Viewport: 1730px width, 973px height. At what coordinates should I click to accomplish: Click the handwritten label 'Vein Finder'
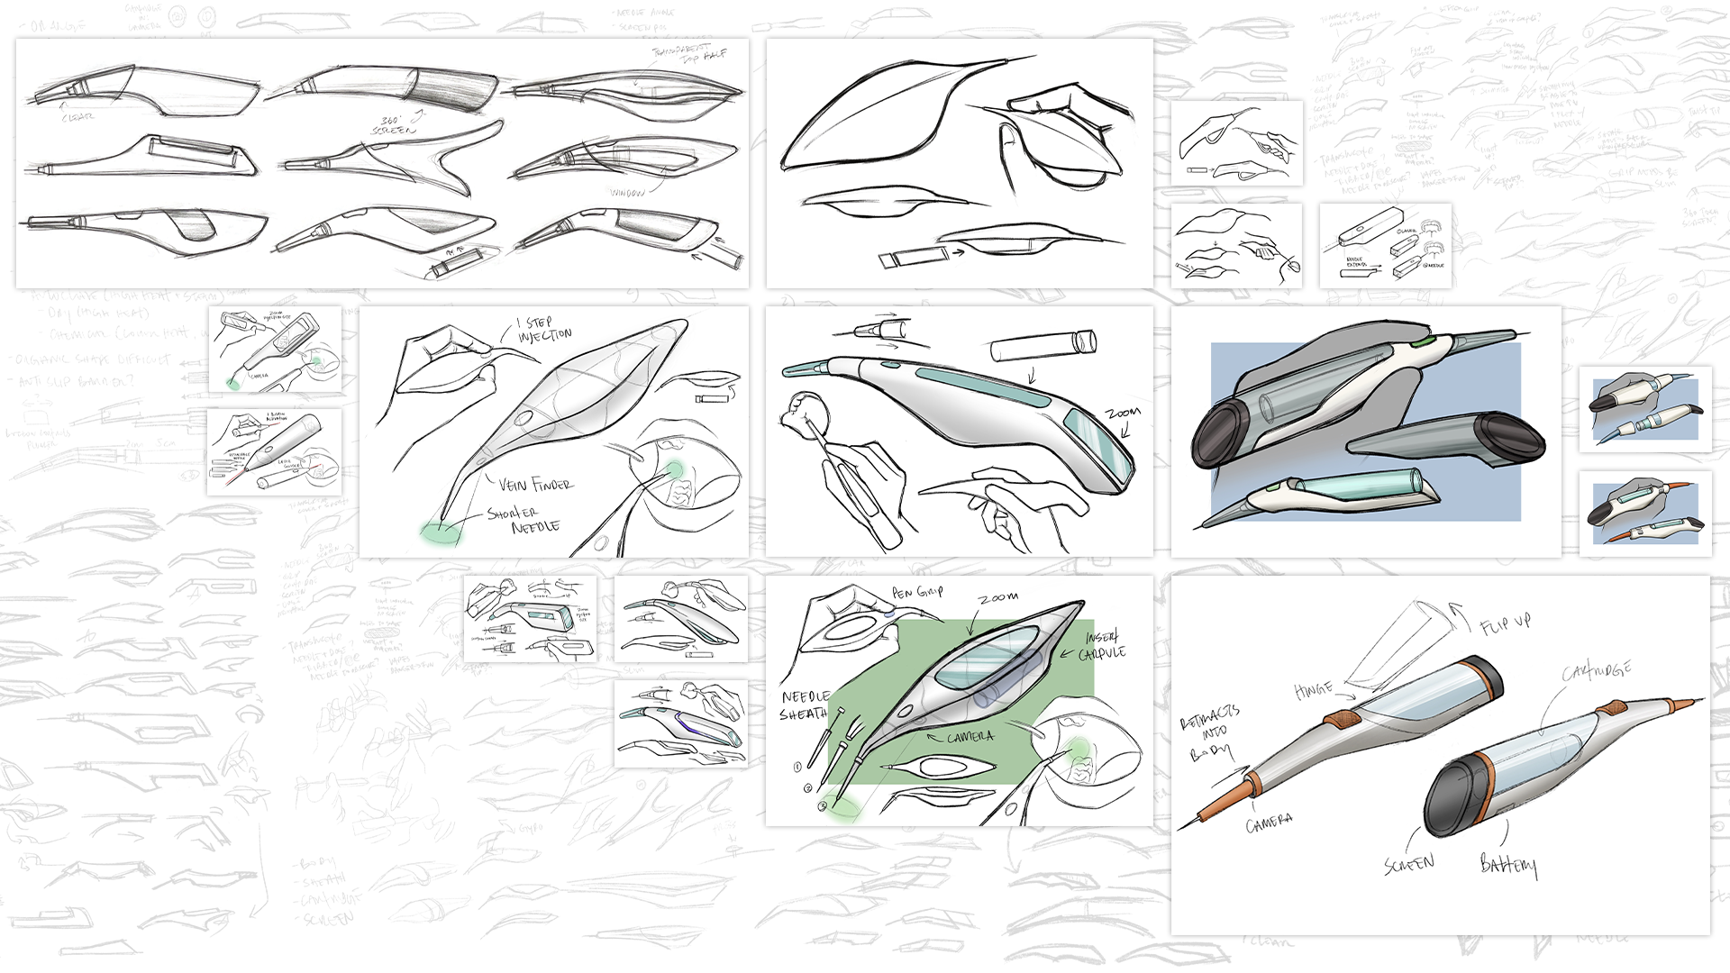(535, 485)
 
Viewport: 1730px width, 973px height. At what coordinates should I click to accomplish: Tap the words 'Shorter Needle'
(524, 520)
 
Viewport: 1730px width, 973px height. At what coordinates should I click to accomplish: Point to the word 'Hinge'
(1313, 690)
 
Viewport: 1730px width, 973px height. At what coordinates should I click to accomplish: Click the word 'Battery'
(1508, 865)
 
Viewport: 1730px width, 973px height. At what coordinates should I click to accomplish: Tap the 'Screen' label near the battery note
(1408, 864)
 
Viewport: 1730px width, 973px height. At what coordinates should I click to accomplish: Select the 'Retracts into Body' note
(1209, 733)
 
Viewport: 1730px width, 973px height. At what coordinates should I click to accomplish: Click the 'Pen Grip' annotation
(917, 592)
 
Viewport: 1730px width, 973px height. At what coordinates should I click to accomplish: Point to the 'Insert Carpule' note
(1105, 645)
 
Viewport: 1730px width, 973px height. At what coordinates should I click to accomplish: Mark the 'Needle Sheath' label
(805, 705)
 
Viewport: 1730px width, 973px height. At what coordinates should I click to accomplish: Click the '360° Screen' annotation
(395, 125)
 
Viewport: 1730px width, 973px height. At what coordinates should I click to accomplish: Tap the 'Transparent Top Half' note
(689, 51)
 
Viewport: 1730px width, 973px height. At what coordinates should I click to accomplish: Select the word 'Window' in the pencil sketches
(627, 192)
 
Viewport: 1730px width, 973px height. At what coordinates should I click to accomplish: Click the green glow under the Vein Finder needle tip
(441, 532)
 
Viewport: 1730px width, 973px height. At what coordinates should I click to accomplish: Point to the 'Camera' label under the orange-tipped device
(1269, 823)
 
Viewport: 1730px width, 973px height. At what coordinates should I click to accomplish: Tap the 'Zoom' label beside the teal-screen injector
(1123, 413)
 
